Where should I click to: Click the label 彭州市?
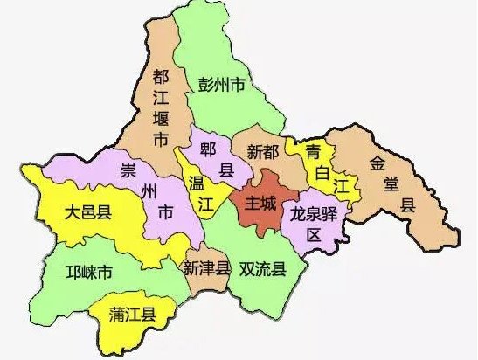(221, 85)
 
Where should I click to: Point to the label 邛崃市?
(89, 273)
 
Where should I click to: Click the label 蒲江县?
(133, 314)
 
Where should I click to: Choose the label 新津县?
(207, 269)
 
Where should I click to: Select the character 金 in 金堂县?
(378, 162)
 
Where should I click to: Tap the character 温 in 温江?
(197, 183)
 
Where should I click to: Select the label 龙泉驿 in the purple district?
(314, 213)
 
